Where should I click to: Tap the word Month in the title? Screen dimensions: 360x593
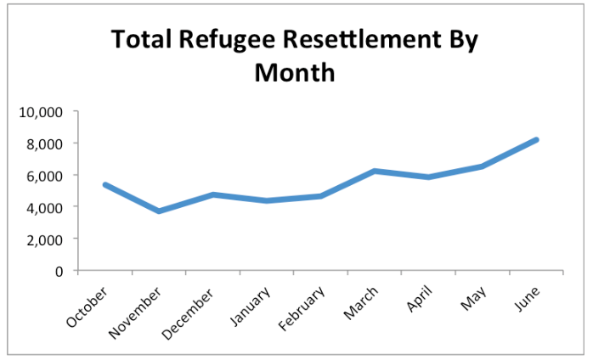(x=295, y=73)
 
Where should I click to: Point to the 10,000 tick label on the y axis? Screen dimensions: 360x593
(x=42, y=111)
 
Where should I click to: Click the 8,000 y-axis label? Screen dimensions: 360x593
(x=45, y=143)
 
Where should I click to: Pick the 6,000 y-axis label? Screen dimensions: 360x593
(x=45, y=176)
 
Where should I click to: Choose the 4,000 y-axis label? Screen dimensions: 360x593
(x=45, y=207)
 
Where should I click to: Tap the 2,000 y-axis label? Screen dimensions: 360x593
(x=45, y=239)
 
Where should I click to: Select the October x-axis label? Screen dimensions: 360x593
(x=87, y=306)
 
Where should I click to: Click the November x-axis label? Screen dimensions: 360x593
(x=136, y=310)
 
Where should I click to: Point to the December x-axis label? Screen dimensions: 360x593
(x=191, y=309)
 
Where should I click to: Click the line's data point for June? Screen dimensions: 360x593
(x=537, y=139)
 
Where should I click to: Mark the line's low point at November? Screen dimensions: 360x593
(x=159, y=211)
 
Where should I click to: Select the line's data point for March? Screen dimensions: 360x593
(x=375, y=171)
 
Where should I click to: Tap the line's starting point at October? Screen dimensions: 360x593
(x=104, y=184)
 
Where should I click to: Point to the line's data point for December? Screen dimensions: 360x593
(x=212, y=194)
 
